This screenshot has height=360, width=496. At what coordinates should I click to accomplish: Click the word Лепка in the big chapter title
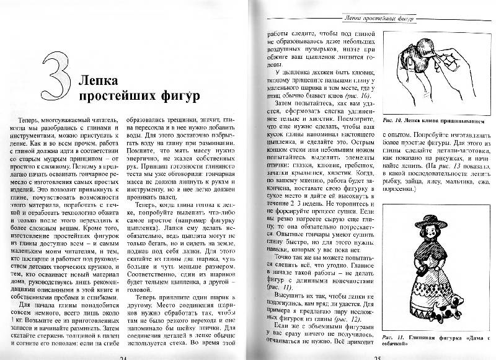pyautogui.click(x=98, y=79)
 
